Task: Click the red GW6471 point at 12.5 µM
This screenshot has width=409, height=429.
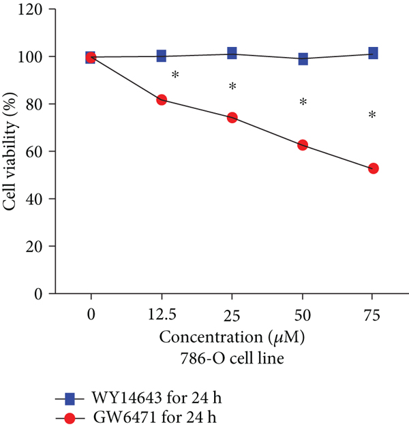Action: pyautogui.click(x=162, y=99)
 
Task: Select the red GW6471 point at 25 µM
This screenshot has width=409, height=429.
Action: pyautogui.click(x=232, y=117)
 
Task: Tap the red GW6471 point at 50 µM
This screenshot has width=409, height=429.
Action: pyautogui.click(x=303, y=145)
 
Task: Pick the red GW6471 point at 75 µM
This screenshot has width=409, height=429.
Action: pyautogui.click(x=373, y=168)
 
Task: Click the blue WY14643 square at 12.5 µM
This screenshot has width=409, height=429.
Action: pyautogui.click(x=162, y=56)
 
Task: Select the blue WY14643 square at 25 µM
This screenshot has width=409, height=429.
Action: pyautogui.click(x=232, y=53)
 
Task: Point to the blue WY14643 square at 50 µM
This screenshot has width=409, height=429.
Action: pyautogui.click(x=303, y=59)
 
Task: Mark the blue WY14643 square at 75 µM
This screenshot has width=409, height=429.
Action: pyautogui.click(x=373, y=53)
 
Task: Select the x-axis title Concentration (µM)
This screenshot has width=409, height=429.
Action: pyautogui.click(x=232, y=336)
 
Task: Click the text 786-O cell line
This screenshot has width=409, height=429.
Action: pyautogui.click(x=232, y=355)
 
